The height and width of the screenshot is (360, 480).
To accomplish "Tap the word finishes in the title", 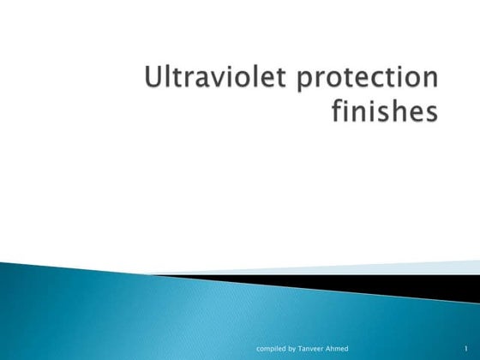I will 381,113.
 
